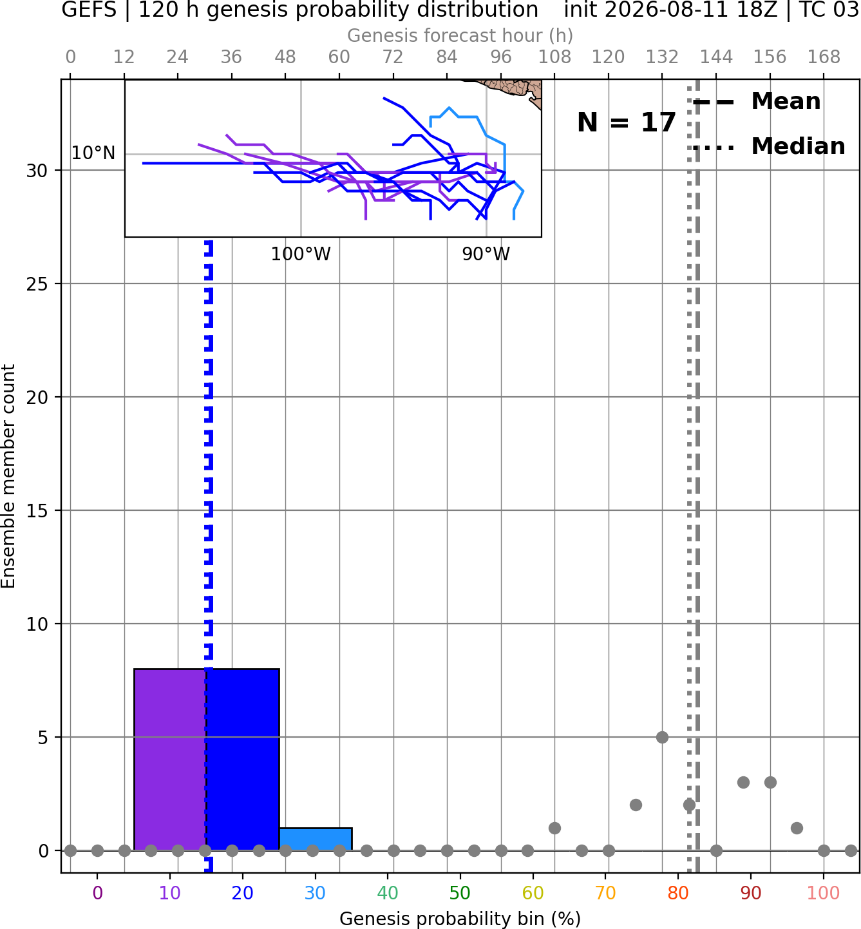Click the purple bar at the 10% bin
click(170, 759)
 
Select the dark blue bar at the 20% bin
click(243, 759)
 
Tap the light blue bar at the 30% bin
click(316, 839)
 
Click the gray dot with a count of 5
click(662, 737)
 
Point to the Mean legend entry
click(756, 102)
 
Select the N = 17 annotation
click(627, 122)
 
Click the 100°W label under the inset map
click(301, 254)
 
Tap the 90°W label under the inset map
click(486, 254)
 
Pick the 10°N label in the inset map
click(93, 153)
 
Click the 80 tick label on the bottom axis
click(678, 893)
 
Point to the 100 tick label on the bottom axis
click(824, 893)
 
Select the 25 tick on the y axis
click(37, 284)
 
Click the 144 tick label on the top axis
click(716, 57)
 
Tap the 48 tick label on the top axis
click(285, 57)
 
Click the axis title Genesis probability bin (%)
click(460, 919)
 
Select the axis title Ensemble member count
click(8, 476)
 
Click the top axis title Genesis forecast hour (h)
click(460, 35)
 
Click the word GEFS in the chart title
click(89, 10)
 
